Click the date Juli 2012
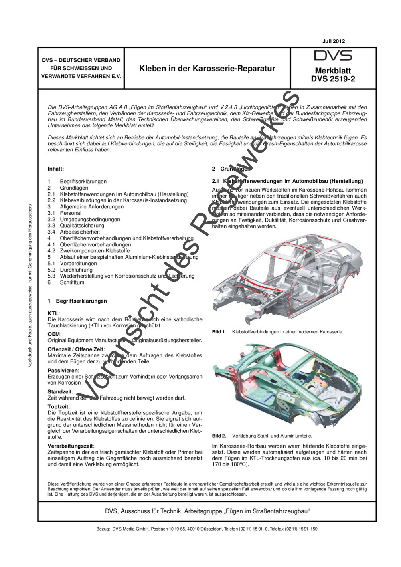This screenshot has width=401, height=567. click(333, 41)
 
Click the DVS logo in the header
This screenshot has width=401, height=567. click(333, 56)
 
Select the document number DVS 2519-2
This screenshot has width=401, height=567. click(333, 79)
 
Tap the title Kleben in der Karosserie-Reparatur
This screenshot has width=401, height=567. click(207, 68)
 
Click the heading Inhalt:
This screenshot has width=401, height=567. click(55, 169)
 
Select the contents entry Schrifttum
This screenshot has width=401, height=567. click(72, 282)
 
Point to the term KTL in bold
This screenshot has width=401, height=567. click(53, 313)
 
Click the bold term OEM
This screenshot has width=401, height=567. click(54, 334)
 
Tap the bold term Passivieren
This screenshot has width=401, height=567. click(63, 371)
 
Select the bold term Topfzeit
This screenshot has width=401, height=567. click(58, 407)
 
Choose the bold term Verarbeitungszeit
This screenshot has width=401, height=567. click(70, 446)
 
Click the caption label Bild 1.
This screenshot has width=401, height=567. click(219, 332)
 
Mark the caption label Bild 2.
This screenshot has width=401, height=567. click(219, 436)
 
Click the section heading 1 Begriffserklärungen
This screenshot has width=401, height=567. click(77, 301)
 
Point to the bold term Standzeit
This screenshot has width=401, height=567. click(60, 392)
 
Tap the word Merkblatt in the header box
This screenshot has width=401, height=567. click(333, 71)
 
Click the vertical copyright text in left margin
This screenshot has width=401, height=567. click(30, 286)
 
